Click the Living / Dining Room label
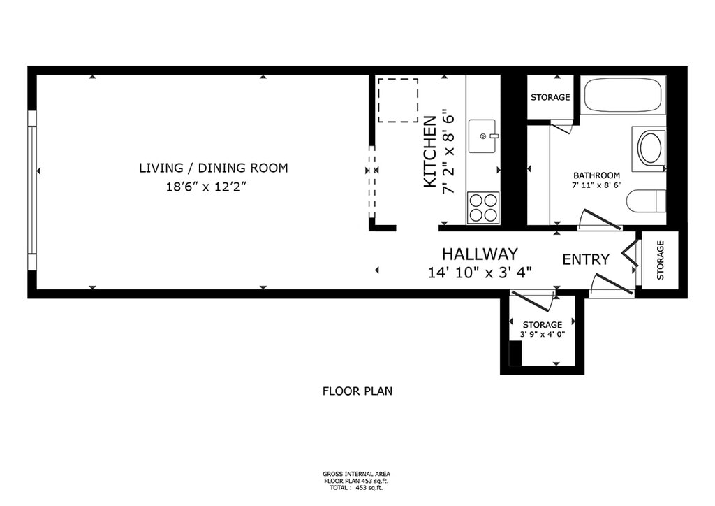click(214, 168)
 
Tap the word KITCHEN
click(430, 152)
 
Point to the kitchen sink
click(482, 136)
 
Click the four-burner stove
click(483, 207)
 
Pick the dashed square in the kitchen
click(398, 101)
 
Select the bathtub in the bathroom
click(623, 95)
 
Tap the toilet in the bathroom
click(646, 201)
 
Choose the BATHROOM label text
click(596, 175)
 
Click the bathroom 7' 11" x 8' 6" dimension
click(597, 185)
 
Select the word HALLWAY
click(480, 254)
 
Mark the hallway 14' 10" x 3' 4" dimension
click(480, 273)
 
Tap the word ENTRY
click(586, 259)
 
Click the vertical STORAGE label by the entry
click(661, 260)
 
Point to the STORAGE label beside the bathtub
click(550, 97)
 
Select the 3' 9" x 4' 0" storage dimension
click(543, 335)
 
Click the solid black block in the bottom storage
click(515, 353)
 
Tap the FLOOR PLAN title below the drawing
click(357, 391)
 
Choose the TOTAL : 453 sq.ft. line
click(357, 488)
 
